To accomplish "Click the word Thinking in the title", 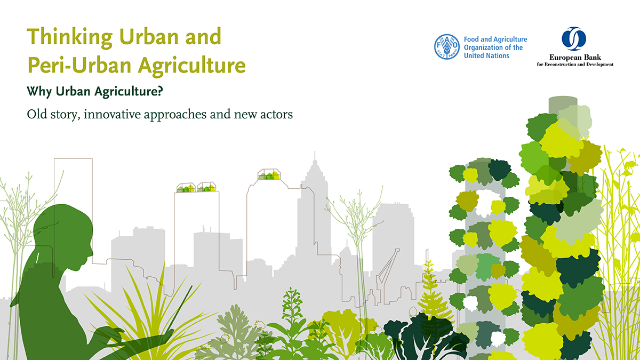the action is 69,38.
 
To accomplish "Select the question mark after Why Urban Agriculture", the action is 160,91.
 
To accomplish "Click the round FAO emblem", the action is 447,47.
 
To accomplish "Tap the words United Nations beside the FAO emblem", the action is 486,55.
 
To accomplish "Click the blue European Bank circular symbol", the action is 574,39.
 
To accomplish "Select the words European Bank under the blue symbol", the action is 575,58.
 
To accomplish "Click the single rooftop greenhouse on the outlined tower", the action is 269,174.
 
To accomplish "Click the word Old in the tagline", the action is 37,114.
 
